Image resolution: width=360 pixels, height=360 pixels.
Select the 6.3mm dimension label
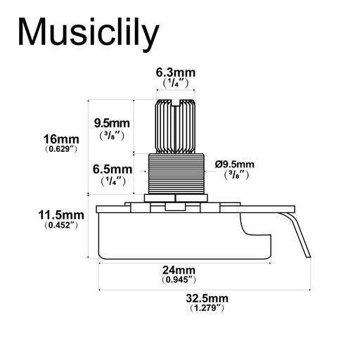coord(175,72)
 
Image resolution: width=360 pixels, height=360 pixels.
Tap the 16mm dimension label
coord(60,139)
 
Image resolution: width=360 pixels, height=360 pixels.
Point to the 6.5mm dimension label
coord(112,169)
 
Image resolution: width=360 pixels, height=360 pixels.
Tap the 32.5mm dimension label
coord(205,298)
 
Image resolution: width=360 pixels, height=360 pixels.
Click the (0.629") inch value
coord(60,150)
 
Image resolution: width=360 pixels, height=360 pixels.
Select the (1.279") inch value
coord(205,308)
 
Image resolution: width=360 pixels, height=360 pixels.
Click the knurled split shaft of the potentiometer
coord(174,127)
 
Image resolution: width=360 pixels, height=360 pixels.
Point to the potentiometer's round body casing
coord(169,236)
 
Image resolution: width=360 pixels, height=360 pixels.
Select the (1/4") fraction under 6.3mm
coord(175,83)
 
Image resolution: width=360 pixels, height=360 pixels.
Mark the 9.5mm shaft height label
coord(112,123)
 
